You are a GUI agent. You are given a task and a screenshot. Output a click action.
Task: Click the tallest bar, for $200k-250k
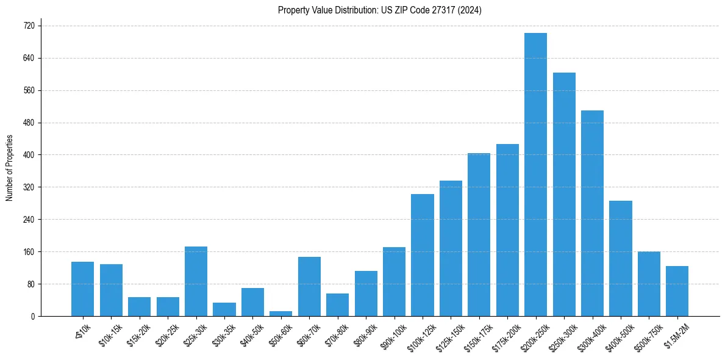[x=535, y=175]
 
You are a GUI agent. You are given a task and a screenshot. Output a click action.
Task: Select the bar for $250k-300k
[x=564, y=194]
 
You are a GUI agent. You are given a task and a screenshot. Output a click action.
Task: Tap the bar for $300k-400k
[x=592, y=213]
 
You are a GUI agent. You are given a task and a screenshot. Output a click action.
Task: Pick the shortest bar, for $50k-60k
[x=281, y=314]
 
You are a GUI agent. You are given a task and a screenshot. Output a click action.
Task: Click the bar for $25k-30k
[x=196, y=281]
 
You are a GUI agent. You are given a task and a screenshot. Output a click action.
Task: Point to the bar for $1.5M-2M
[x=677, y=291]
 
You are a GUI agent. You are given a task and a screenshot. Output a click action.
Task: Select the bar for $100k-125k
[x=423, y=255]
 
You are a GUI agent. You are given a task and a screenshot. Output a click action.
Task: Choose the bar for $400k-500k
[x=621, y=258]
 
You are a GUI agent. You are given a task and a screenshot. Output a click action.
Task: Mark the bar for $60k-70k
[x=309, y=286]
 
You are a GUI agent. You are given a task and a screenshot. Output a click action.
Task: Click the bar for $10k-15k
[x=111, y=290]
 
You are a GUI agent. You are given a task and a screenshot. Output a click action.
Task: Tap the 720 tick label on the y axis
[x=29, y=26]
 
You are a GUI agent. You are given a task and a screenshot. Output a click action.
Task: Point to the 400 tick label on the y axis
[x=29, y=155]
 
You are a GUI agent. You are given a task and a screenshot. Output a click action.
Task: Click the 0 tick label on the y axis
[x=34, y=316]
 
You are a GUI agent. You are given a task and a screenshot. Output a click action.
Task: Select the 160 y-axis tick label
[x=29, y=252]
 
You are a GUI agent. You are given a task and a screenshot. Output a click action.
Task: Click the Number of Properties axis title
[x=9, y=168]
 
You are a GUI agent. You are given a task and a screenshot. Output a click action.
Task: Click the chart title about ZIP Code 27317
[x=379, y=10]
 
